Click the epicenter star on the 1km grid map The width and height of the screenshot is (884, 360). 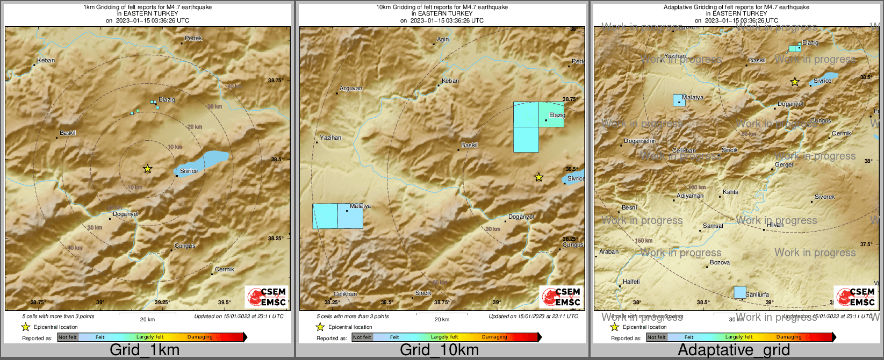click(x=148, y=169)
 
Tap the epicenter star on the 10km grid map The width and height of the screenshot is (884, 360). click(x=538, y=177)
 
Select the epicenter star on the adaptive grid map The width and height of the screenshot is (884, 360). click(x=795, y=82)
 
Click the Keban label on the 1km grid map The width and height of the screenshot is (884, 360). click(x=46, y=61)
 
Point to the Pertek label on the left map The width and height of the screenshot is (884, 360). click(x=193, y=39)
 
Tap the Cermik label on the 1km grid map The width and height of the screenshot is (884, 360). click(x=225, y=270)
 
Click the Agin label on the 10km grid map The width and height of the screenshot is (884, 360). click(x=443, y=40)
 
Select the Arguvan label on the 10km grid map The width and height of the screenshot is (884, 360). click(x=351, y=89)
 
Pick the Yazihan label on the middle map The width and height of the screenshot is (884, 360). click(x=330, y=138)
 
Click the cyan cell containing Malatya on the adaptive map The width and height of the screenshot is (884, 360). click(x=679, y=100)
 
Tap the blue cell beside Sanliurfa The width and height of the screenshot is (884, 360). click(x=740, y=292)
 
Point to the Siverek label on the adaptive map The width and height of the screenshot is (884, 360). click(x=825, y=197)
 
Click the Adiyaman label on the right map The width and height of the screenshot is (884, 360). click(x=690, y=196)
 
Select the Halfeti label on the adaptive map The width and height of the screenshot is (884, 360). click(x=631, y=282)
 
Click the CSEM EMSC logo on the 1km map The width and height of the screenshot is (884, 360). click(x=267, y=297)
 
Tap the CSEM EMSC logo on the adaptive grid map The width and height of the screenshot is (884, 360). click(x=856, y=297)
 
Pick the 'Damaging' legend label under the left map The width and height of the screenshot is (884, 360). click(x=200, y=337)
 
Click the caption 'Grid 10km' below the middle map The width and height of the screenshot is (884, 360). click(x=439, y=350)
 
